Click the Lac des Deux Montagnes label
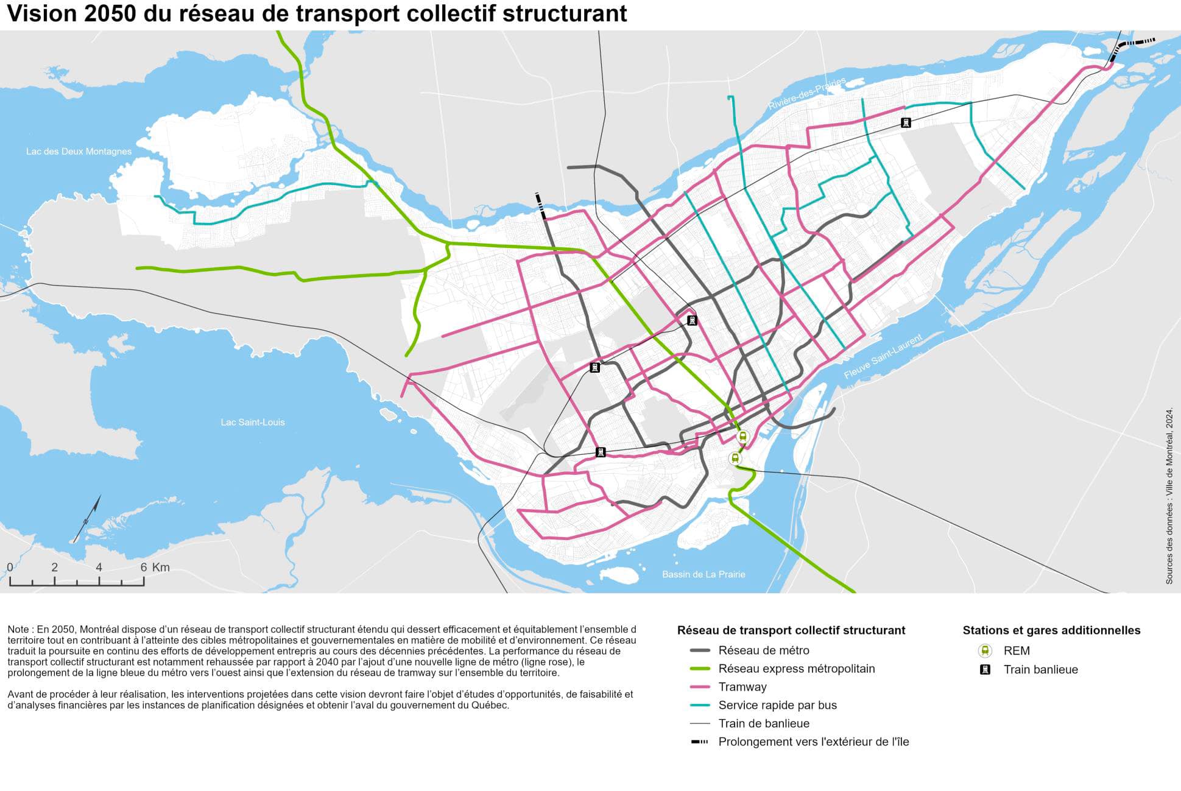pos(79,151)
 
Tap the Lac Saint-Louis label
pos(252,422)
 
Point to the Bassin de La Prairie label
pos(703,574)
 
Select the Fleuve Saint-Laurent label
pos(883,356)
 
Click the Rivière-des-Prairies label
pos(806,94)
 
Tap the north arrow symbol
pos(87,519)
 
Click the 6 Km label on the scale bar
pos(155,568)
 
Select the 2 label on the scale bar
pos(54,568)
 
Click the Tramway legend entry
pos(742,687)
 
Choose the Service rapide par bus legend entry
pos(777,705)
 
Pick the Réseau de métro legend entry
pos(763,650)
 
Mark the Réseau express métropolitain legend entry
pos(796,669)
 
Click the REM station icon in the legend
pos(985,650)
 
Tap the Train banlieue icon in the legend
pos(985,669)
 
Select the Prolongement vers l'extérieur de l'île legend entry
pos(813,742)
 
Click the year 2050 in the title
pos(110,13)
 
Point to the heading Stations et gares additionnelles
pos(1051,630)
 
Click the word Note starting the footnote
pos(18,629)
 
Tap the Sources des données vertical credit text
pos(1169,496)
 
